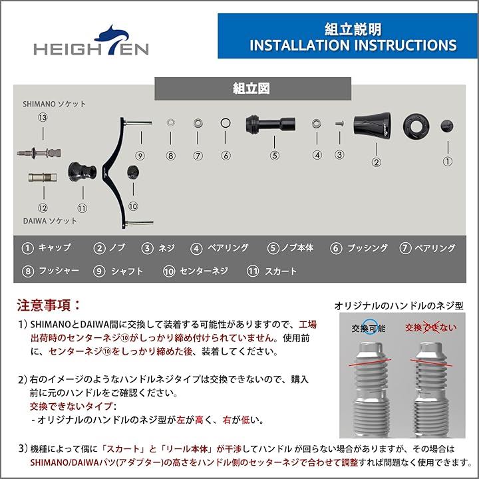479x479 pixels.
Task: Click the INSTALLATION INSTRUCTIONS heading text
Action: tap(353, 45)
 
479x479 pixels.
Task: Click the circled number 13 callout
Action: tap(43, 117)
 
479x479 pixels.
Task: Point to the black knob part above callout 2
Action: tap(377, 124)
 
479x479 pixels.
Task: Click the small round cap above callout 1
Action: tap(447, 124)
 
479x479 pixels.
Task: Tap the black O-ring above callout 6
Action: tap(226, 124)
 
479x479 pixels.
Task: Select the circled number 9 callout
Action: tap(140, 156)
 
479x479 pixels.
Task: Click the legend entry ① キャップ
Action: tap(46, 248)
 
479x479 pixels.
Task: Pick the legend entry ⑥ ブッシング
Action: tap(359, 248)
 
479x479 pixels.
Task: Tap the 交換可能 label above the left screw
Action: tap(368, 327)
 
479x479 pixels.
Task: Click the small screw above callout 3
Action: tap(339, 124)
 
